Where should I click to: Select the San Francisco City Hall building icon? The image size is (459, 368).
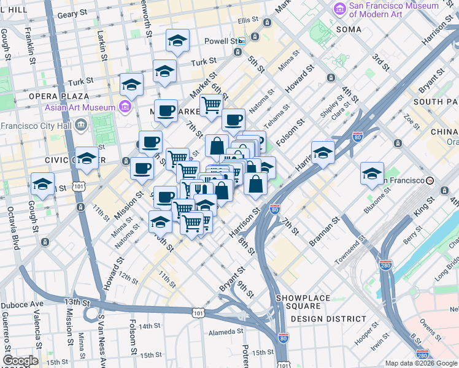point(81,126)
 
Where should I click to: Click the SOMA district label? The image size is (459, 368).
point(349,29)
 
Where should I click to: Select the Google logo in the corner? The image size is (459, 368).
point(20,361)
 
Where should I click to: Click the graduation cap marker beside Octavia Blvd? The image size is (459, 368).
point(42,183)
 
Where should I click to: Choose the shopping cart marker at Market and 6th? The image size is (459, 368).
point(211,104)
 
